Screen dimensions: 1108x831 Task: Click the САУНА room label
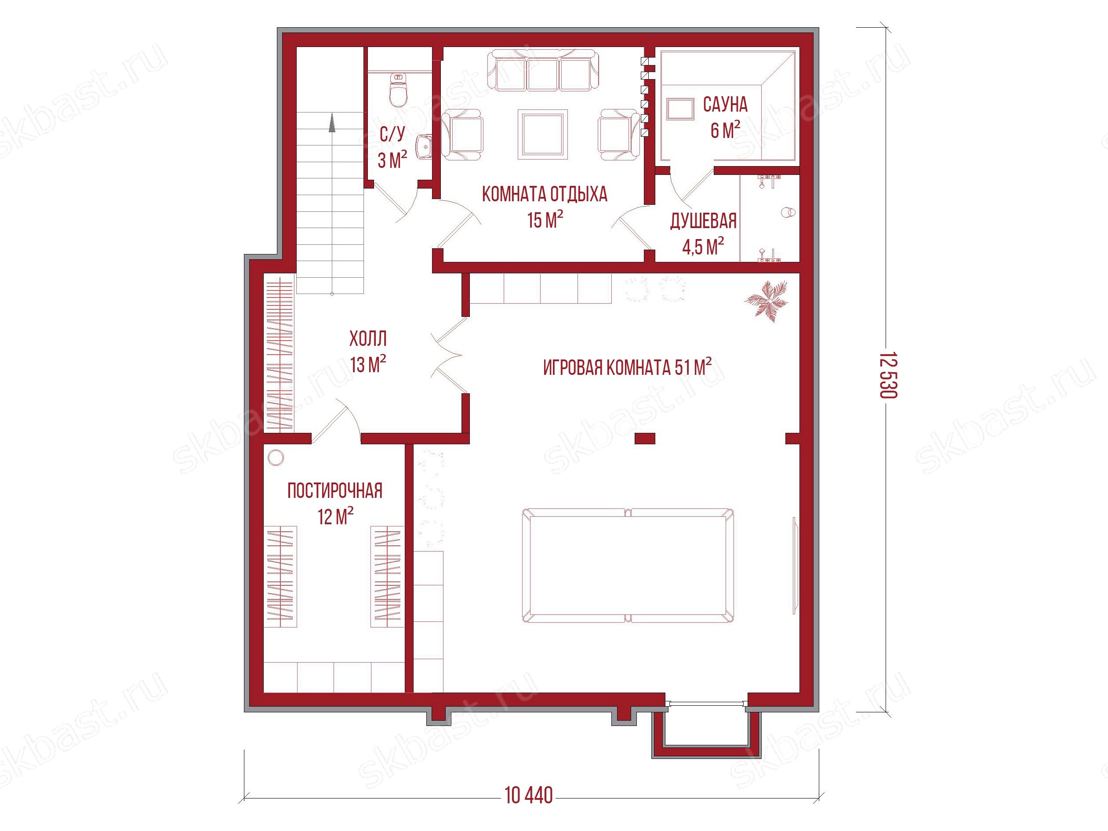pos(725,105)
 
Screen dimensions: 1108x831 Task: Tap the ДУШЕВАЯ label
pos(703,221)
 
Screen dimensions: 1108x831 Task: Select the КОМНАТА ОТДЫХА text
pos(545,194)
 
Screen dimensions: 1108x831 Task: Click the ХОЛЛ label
pos(368,339)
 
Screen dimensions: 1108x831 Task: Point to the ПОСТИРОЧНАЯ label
pos(335,491)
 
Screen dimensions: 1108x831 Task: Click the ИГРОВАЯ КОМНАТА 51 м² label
pos(627,367)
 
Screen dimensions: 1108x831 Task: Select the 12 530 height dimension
pos(888,375)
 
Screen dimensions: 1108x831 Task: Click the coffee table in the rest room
pos(543,134)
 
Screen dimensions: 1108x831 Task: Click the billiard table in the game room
pos(628,566)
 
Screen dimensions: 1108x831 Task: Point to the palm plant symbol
pos(766,301)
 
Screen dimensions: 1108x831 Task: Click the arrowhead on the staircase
pos(331,123)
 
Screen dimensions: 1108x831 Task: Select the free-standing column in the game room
pos(645,438)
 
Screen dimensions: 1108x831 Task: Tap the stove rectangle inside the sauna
pos(680,109)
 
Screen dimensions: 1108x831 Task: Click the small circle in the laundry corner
pos(276,457)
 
